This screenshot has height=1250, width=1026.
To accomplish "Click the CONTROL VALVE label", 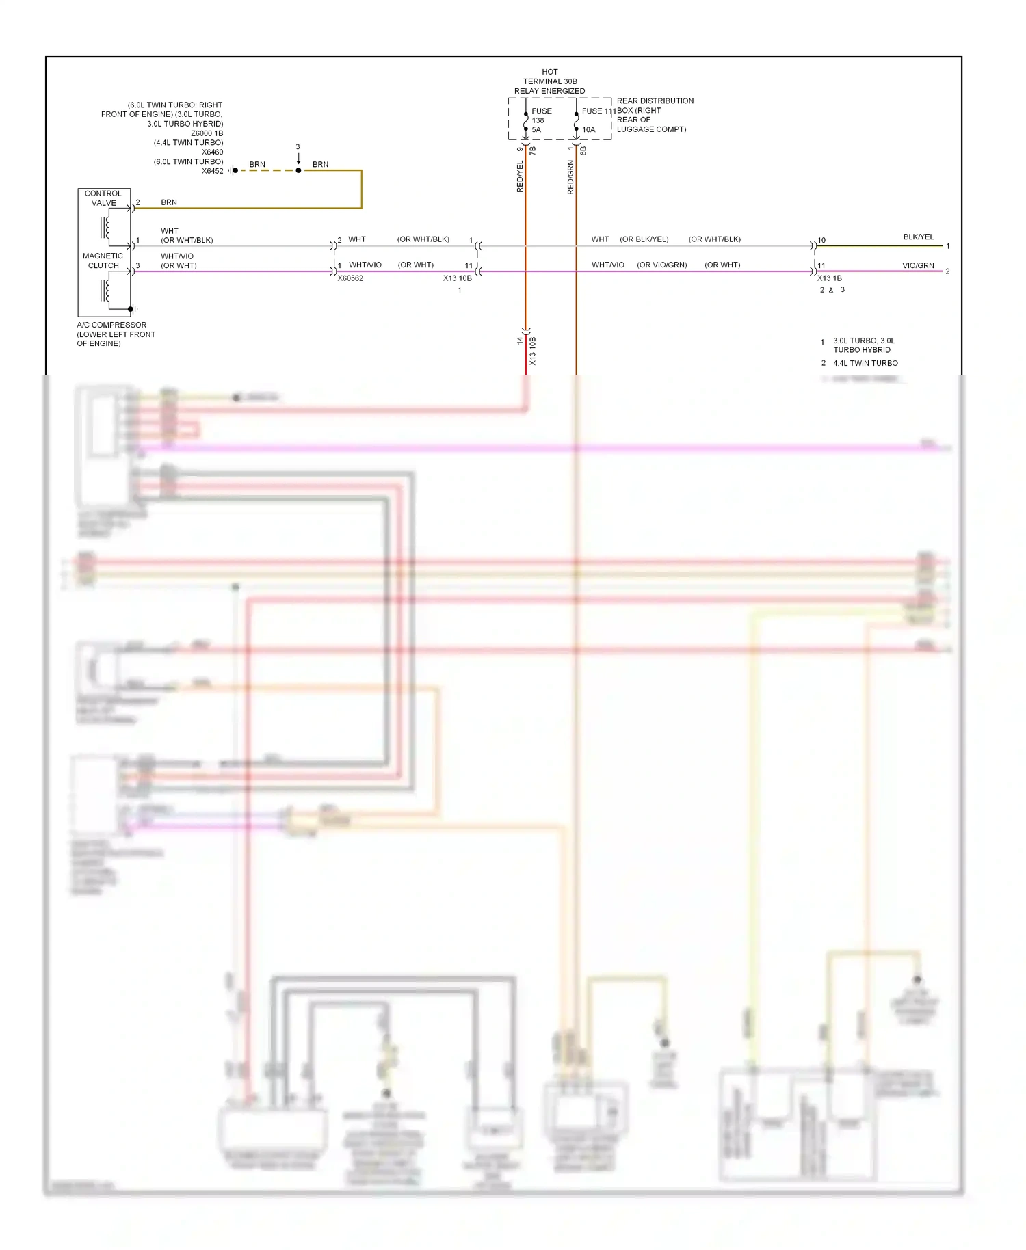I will (103, 198).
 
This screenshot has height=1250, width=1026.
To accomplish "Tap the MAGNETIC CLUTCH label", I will (103, 261).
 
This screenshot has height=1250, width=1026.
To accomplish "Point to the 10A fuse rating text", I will (588, 129).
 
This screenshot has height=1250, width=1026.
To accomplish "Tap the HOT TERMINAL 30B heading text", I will (549, 81).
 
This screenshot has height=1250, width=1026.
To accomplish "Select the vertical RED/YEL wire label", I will (520, 176).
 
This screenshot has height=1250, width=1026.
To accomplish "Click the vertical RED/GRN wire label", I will (570, 177).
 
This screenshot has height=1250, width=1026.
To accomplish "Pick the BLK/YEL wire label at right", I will (918, 237).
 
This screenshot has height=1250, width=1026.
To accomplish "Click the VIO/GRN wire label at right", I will (918, 265).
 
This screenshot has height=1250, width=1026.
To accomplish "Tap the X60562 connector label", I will (350, 278).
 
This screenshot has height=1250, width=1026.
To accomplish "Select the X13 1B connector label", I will (829, 278).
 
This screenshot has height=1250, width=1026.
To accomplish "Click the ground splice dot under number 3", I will (298, 170).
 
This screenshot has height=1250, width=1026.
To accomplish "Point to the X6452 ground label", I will (212, 171).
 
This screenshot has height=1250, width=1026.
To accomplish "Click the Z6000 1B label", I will (207, 133).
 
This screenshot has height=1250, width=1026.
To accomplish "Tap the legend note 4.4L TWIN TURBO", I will (865, 363).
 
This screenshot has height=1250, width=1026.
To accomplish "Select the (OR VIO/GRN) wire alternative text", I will (661, 265).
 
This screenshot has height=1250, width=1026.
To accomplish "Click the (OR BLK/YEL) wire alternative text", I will (644, 239).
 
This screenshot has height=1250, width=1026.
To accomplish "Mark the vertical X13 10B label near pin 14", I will (533, 351).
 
